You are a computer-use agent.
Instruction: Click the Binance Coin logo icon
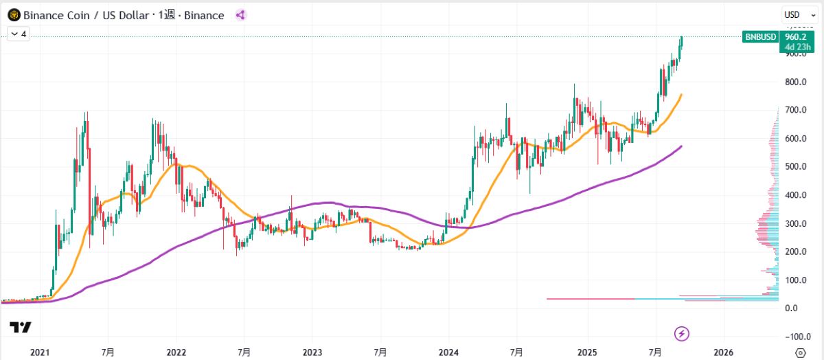(x=14, y=14)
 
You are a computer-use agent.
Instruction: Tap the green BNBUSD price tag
(x=760, y=36)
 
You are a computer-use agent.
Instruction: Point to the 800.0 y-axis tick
(x=796, y=82)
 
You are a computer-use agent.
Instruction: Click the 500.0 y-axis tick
(x=796, y=167)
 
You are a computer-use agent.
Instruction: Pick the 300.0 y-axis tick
(x=796, y=223)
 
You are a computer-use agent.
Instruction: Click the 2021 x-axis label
(x=40, y=352)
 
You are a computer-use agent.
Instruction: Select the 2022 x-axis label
(x=176, y=352)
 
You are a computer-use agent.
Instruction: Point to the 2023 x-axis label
(x=312, y=352)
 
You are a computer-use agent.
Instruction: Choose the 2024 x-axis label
(x=448, y=352)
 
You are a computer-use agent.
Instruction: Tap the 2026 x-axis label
(x=723, y=352)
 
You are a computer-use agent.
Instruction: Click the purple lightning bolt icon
(x=681, y=334)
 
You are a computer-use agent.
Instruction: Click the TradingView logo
(x=20, y=328)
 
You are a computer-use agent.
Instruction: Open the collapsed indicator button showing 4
(x=18, y=33)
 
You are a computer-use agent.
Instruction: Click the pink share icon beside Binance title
(x=240, y=14)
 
